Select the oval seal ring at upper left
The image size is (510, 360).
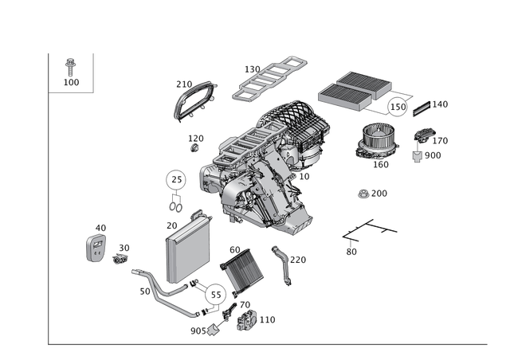pos(194,101)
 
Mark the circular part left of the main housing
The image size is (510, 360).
pos(175,179)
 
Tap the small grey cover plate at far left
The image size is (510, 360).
pos(96,248)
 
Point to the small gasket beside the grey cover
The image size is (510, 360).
pos(120,259)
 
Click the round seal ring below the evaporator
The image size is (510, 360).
pos(214,295)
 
